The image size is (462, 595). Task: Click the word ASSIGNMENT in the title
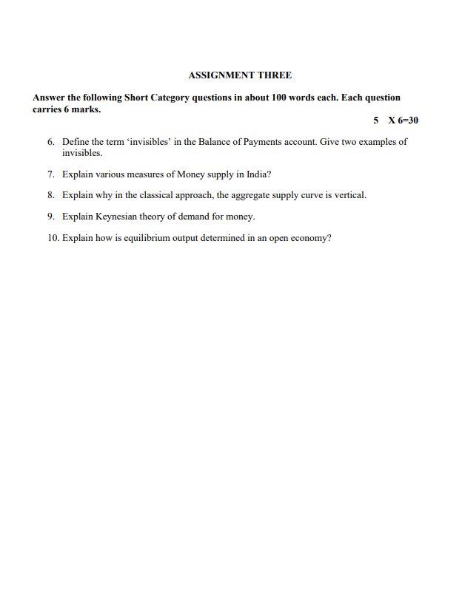point(221,75)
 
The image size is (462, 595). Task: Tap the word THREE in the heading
point(274,75)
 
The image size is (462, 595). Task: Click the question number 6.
point(50,141)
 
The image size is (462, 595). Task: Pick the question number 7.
point(50,174)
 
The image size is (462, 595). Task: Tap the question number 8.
point(50,195)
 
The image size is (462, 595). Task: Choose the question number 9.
point(50,217)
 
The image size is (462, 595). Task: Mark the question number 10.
point(49,238)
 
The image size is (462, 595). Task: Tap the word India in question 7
point(258,174)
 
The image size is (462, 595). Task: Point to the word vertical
point(349,195)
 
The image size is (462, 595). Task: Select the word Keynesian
point(116,217)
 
